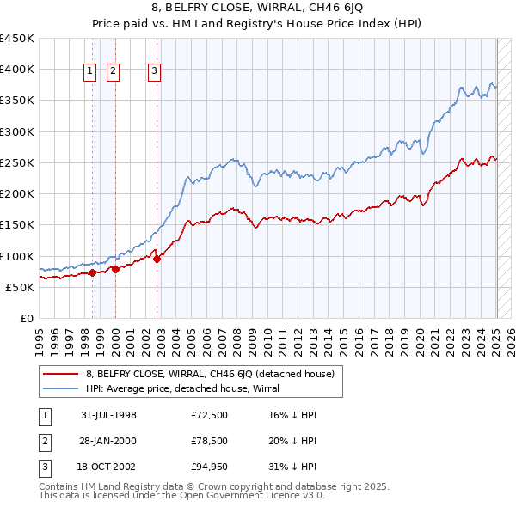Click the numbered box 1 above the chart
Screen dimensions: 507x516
tap(90, 72)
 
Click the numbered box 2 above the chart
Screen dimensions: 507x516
tap(113, 72)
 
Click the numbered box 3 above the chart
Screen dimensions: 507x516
tap(154, 72)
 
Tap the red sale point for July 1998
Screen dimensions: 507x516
tap(92, 273)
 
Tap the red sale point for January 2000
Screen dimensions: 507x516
tap(114, 269)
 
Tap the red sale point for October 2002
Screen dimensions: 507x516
tap(157, 259)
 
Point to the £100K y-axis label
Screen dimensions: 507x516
tap(17, 256)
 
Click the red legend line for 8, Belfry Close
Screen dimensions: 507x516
tap(63, 373)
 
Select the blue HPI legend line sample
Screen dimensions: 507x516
tap(63, 388)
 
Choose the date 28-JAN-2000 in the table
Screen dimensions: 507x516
tap(109, 441)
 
